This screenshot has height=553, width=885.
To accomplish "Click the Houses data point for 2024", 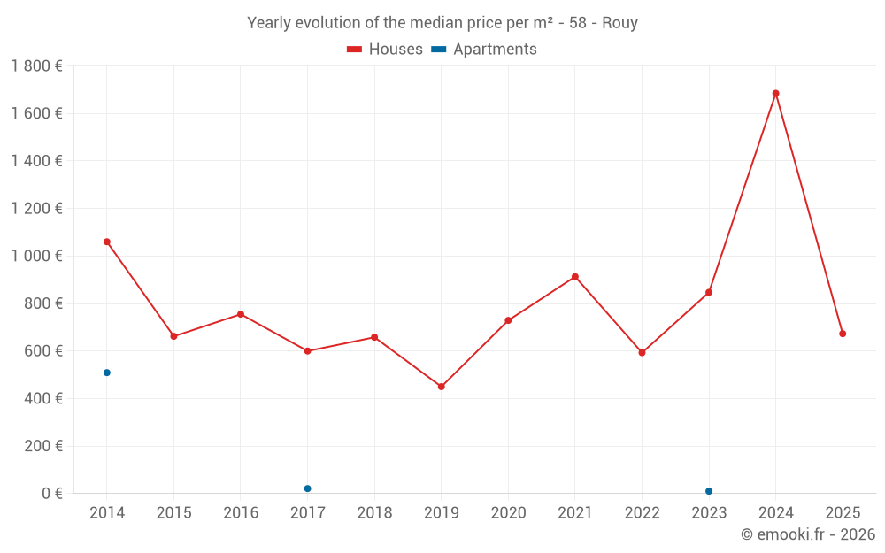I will tap(775, 93).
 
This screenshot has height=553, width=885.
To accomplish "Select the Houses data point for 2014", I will tap(107, 242).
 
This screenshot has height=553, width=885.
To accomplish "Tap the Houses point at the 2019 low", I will tap(441, 387).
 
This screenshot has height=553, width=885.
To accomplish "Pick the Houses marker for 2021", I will tap(575, 277).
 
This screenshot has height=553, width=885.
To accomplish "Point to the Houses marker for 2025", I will tap(843, 334).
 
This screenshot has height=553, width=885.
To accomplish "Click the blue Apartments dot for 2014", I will tap(107, 373).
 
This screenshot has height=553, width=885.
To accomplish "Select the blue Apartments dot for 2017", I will tap(307, 488).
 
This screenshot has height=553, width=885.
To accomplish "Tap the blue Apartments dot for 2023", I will tap(709, 491).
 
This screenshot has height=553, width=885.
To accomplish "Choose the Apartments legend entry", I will tap(484, 50).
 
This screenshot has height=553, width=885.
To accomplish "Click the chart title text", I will tap(442, 23).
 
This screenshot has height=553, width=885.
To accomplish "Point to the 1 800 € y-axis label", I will tap(36, 65).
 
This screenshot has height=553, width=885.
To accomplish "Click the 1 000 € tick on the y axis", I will tap(36, 256).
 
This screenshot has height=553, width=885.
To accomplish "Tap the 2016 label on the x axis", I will tap(241, 513).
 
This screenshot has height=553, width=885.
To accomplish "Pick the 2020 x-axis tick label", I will tap(508, 513).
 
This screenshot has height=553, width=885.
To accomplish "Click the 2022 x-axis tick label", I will tap(642, 513).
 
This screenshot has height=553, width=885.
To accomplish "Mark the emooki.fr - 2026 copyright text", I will tap(808, 534).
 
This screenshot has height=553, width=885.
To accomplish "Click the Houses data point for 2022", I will tap(642, 352).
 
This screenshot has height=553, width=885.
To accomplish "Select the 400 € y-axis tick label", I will tap(42, 398).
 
